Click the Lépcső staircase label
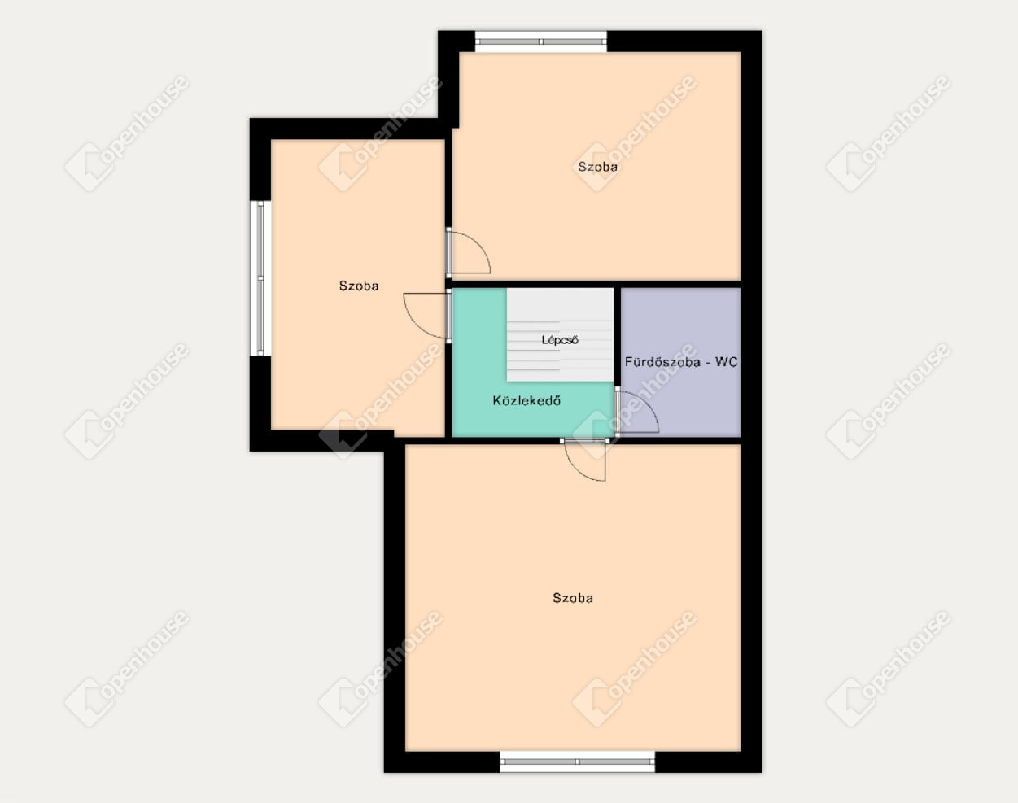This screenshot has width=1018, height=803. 560,340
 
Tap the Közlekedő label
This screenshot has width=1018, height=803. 526,401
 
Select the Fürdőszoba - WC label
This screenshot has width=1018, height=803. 681,362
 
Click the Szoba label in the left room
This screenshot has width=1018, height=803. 359,286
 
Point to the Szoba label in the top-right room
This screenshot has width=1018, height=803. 598,167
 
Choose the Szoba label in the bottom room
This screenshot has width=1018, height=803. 573,598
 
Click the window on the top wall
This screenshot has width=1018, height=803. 540,41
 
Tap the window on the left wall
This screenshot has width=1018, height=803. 260,278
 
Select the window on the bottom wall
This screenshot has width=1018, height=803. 578,762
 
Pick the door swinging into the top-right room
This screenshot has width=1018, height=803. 469,251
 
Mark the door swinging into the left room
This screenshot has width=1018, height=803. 426,316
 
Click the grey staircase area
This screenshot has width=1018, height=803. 560,335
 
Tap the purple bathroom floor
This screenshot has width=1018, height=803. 681,331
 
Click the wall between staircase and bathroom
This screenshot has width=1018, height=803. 618,337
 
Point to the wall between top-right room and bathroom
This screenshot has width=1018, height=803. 680,284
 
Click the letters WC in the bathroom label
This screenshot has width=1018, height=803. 727,362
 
